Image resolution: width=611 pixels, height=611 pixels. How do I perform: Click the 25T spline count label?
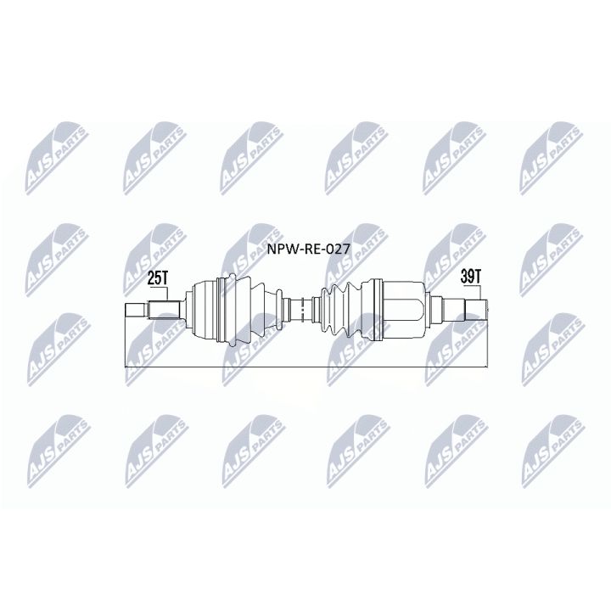(x=158, y=277)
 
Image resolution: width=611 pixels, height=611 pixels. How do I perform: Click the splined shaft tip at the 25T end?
(x=136, y=310)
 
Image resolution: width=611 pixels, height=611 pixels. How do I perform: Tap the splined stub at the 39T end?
(x=474, y=306)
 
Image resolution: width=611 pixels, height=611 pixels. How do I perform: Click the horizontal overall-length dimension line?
(x=305, y=367)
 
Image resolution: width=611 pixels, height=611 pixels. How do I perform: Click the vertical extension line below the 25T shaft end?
(x=125, y=344)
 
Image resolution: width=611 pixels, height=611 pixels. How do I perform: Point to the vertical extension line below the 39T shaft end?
(x=487, y=344)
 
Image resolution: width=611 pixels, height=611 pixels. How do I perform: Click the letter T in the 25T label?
(x=165, y=277)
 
